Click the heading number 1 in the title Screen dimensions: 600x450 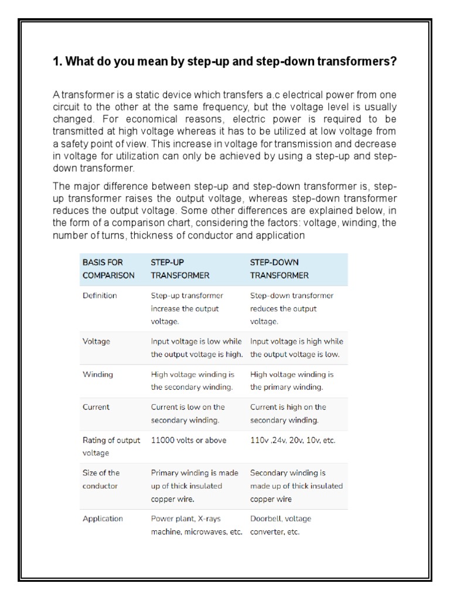pyautogui.click(x=56, y=61)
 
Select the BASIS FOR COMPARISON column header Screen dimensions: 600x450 pyautogui.click(x=108, y=268)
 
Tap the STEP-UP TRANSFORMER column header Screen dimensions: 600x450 pyautogui.click(x=180, y=268)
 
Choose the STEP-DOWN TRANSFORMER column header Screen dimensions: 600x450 pyautogui.click(x=279, y=268)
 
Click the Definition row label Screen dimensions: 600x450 pyautogui.click(x=100, y=296)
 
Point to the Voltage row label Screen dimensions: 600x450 pyautogui.click(x=96, y=341)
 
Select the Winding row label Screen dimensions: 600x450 pyautogui.click(x=98, y=374)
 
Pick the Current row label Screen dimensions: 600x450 pyautogui.click(x=96, y=407)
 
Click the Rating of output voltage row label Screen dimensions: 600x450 pyautogui.click(x=111, y=446)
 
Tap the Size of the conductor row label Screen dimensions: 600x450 pyautogui.click(x=101, y=479)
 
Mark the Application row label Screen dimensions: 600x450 pyautogui.click(x=103, y=519)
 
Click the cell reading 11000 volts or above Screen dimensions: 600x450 pyautogui.click(x=188, y=440)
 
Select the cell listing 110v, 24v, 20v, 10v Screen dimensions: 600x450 pyautogui.click(x=292, y=440)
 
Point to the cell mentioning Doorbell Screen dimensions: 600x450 pyautogui.click(x=281, y=525)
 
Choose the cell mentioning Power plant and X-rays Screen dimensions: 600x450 pyautogui.click(x=196, y=525)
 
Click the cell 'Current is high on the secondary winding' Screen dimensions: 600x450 pyautogui.click(x=288, y=413)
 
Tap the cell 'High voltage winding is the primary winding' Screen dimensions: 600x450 pyautogui.click(x=292, y=380)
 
